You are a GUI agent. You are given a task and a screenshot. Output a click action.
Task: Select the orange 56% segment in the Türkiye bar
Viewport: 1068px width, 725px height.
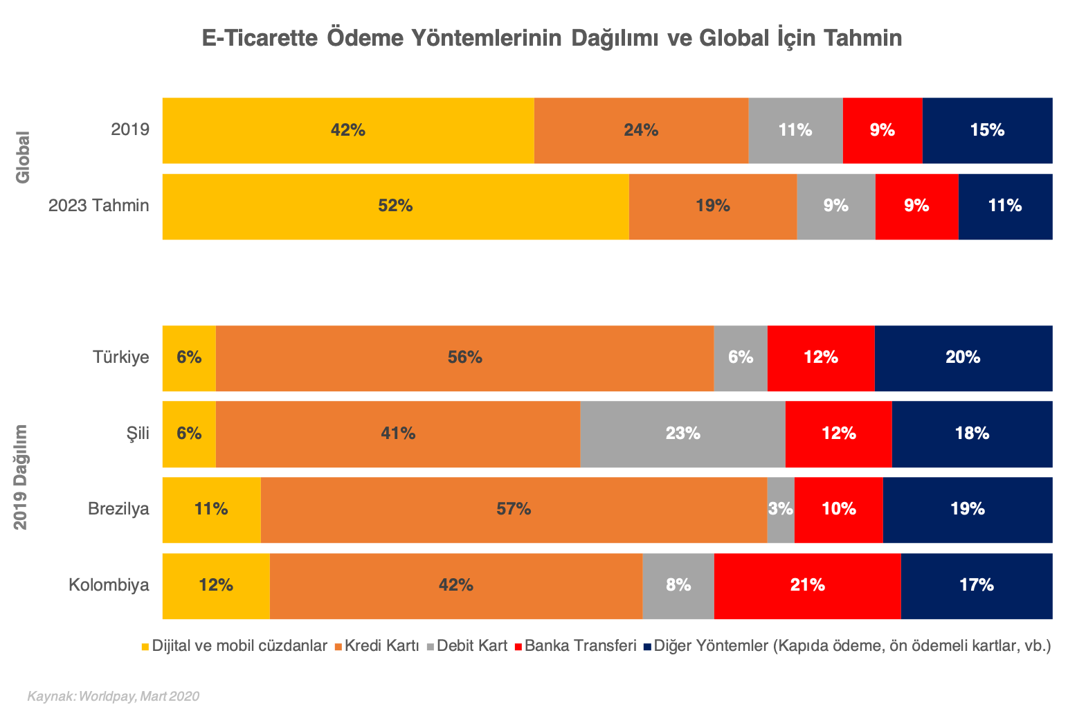[x=464, y=359]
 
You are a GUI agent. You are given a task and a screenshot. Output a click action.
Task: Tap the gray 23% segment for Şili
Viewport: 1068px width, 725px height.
[x=682, y=434]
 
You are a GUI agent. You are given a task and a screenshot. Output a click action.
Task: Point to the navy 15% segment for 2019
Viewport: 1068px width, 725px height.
[x=987, y=131]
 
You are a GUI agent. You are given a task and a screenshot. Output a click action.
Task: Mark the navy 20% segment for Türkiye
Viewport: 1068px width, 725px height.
[x=963, y=359]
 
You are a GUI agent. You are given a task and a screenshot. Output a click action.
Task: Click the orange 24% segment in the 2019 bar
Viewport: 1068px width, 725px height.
[x=641, y=131]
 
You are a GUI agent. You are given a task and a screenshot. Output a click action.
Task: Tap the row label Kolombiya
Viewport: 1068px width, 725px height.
[x=109, y=586]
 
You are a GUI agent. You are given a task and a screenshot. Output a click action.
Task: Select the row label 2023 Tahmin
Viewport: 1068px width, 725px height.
[x=99, y=206]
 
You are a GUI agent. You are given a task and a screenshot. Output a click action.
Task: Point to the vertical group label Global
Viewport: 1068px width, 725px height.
[x=23, y=157]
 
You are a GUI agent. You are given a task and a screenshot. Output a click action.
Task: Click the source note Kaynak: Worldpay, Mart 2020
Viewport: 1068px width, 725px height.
[x=114, y=697]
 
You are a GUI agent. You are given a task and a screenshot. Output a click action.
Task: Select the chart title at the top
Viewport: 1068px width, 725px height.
[x=552, y=38]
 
